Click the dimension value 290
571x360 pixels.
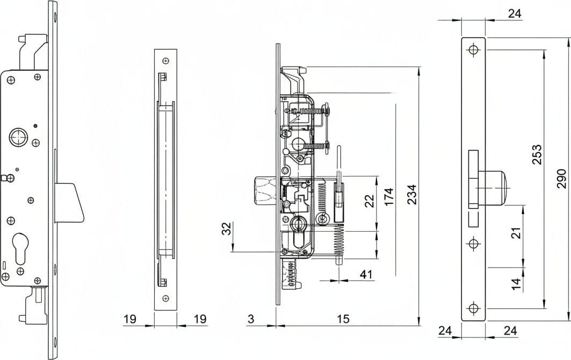click(561, 179)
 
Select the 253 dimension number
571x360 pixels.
click(537, 155)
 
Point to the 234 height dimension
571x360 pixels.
click(412, 195)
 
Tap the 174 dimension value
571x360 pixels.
click(389, 197)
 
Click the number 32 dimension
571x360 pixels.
click(227, 228)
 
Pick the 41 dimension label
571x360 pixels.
click(366, 274)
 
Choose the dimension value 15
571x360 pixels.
click(343, 319)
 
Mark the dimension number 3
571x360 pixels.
click(251, 319)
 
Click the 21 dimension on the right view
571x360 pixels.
click(516, 232)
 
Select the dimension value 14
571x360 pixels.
click(516, 284)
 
